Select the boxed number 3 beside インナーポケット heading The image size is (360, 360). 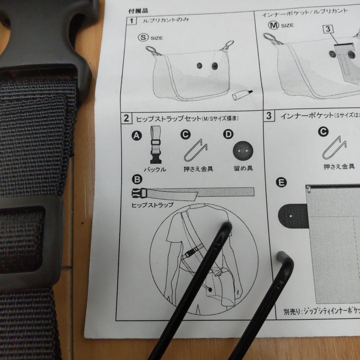tap(269, 116)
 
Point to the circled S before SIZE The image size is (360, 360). tap(143, 37)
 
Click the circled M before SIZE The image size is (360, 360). tap(273, 25)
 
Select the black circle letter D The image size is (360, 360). tap(228, 134)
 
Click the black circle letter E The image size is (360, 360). tap(281, 182)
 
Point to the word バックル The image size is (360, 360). tap(155, 169)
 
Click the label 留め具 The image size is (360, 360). tap(243, 168)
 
